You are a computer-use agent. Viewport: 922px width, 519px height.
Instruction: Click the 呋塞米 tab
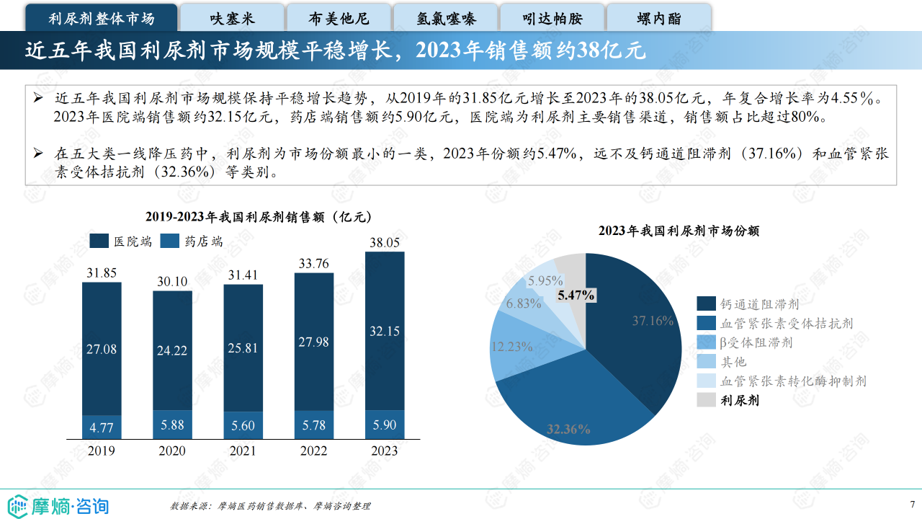[232, 19]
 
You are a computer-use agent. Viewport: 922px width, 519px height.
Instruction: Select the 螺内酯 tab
[659, 19]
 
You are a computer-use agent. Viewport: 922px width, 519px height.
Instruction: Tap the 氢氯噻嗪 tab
[446, 19]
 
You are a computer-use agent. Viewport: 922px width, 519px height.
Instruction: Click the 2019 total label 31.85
[102, 272]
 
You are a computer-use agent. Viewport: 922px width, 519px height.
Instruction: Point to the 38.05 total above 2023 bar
[385, 243]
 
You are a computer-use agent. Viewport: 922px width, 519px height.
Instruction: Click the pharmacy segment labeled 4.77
[102, 427]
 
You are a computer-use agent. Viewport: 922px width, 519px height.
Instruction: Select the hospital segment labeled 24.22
[172, 350]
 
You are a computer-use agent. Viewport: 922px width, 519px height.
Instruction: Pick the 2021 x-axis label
[243, 451]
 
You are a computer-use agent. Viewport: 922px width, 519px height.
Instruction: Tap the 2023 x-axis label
[384, 451]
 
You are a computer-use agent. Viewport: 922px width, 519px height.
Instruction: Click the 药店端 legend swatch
[169, 241]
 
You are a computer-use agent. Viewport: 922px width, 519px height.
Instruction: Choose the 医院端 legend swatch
[99, 241]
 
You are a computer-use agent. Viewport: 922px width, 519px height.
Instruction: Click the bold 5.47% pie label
[576, 294]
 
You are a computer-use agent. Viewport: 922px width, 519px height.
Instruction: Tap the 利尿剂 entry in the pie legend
[740, 401]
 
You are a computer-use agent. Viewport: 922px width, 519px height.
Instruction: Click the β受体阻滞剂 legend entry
[756, 342]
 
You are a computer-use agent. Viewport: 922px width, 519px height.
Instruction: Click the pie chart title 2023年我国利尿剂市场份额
[679, 231]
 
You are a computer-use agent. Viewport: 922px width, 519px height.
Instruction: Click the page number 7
[912, 504]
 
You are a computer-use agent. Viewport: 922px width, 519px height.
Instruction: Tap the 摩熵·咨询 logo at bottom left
[58, 505]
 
